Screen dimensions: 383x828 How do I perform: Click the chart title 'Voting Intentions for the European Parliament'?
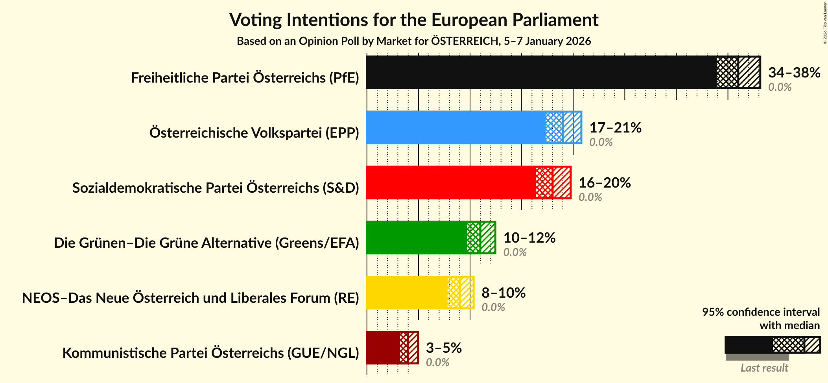coord(414,20)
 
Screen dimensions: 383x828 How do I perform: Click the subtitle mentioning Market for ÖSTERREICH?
coord(414,41)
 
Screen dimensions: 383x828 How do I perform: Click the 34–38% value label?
coord(794,72)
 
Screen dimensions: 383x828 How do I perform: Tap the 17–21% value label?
coord(615,127)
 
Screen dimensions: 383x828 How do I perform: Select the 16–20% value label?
coord(605,182)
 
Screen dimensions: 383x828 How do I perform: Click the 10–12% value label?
coord(529,238)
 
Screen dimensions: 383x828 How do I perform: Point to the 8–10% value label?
coord(503,293)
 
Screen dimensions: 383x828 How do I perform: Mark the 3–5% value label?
coord(444,348)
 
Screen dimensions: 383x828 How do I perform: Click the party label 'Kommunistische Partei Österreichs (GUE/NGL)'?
coord(211,353)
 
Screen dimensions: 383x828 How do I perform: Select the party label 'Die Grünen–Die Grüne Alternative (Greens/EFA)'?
coord(207,243)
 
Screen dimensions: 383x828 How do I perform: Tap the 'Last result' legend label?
coord(764,368)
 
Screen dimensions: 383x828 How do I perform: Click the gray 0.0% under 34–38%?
coord(780,87)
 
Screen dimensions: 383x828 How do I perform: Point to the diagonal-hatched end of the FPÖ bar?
coord(749,72)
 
